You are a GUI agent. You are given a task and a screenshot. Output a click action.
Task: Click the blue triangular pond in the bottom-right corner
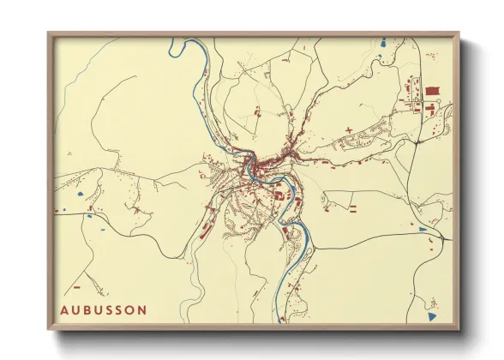432,316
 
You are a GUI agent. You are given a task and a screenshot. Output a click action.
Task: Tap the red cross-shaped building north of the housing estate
350,129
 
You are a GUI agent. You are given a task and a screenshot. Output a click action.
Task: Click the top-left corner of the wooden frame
50,34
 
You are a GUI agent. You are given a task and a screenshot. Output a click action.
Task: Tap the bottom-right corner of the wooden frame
458,329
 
